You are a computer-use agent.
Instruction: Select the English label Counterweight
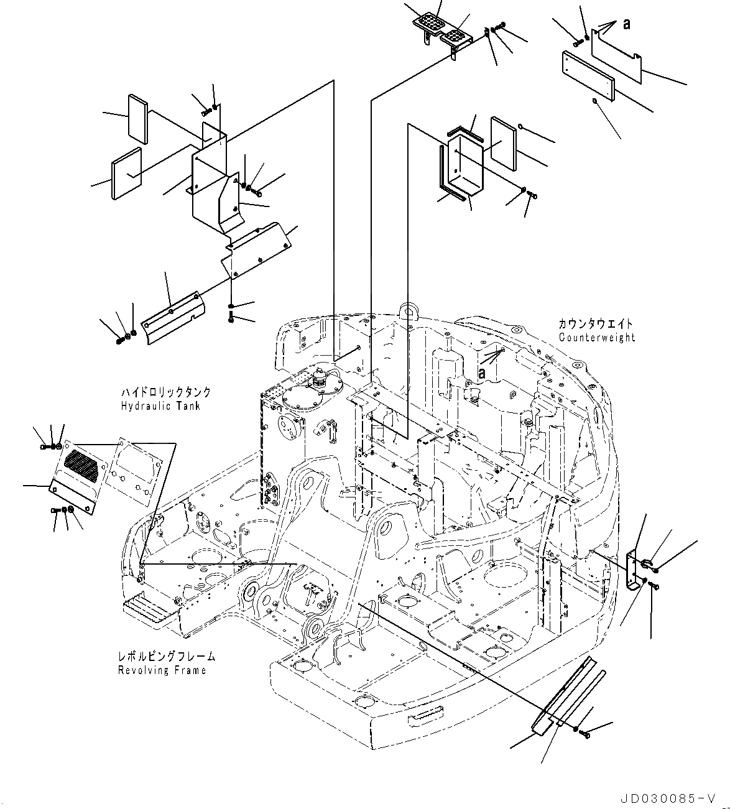596,338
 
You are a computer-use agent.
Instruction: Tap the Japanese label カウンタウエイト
595,324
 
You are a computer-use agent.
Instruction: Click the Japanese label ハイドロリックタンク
165,392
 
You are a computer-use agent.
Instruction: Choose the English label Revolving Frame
162,670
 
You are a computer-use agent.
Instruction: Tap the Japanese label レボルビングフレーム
166,657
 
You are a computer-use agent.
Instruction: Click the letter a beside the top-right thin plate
626,24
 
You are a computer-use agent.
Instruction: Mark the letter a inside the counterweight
481,371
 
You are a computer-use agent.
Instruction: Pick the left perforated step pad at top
429,23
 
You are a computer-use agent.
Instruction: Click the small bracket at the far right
634,571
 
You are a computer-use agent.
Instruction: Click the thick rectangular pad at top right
588,75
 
